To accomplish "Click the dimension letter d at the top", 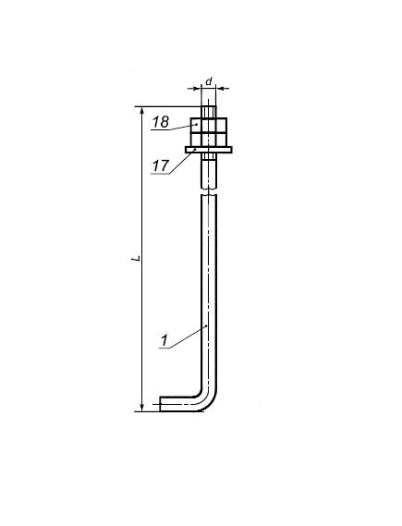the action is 209,81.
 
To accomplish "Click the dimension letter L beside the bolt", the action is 136,258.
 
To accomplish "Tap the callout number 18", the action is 161,122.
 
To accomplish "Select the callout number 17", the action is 160,165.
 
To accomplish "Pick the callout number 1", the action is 164,340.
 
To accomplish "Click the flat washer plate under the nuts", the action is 209,150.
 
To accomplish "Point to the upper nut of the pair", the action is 209,126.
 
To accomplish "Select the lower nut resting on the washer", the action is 209,140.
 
